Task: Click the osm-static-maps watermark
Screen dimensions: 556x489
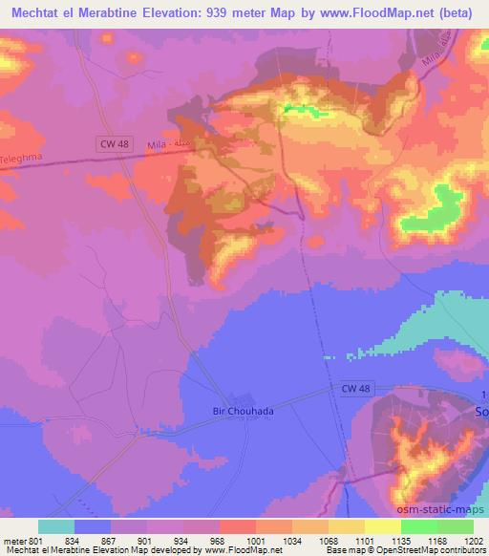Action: click(x=447, y=506)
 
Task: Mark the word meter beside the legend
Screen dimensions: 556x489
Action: click(x=13, y=540)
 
